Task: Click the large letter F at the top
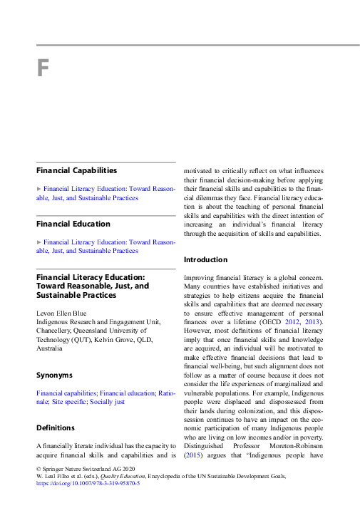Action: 43,69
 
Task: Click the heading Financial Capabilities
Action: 77,170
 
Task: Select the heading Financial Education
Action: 73,224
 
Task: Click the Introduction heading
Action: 206,259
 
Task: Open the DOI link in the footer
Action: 88,482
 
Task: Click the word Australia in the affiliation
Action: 50,348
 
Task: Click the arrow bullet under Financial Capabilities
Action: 39,189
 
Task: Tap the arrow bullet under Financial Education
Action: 39,242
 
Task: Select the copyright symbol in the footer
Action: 38,467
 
